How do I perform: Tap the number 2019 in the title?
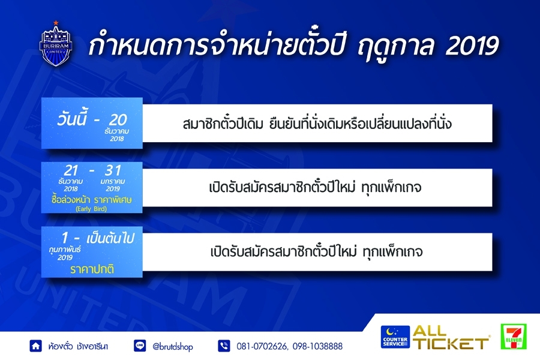click(472, 46)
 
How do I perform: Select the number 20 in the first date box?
click(118, 120)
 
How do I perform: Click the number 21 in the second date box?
click(71, 170)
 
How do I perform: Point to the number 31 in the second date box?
click(113, 170)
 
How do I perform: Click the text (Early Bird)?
click(91, 209)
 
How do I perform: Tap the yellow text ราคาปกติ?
click(92, 269)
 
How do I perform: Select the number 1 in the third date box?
click(65, 238)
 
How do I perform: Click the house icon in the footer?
click(35, 346)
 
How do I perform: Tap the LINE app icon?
click(139, 346)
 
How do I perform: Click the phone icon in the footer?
click(224, 346)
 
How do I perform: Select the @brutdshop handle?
click(173, 347)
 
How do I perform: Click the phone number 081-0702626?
click(262, 346)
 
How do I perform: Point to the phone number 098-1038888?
click(317, 346)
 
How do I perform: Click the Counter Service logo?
click(395, 337)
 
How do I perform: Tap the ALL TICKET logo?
click(451, 337)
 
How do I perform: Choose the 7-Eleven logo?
click(514, 336)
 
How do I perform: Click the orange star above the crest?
click(56, 23)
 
